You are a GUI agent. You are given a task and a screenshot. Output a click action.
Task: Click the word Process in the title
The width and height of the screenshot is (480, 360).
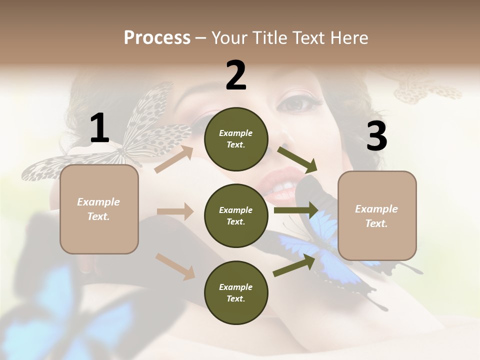157,38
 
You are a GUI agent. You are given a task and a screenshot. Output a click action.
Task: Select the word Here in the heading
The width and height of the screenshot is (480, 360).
348,38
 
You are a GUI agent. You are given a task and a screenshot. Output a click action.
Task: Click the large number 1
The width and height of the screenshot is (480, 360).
99,128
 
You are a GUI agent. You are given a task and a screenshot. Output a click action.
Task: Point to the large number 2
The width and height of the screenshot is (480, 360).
236,76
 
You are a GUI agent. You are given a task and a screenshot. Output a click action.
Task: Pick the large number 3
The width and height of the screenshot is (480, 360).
377,136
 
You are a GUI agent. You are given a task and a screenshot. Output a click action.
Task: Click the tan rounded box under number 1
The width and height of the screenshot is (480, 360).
99,209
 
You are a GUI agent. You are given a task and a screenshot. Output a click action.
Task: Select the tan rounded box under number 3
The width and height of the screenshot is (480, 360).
377,215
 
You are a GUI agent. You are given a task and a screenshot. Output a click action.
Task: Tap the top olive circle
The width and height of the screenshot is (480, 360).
236,139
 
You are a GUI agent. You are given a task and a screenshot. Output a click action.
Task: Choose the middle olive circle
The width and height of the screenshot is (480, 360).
236,215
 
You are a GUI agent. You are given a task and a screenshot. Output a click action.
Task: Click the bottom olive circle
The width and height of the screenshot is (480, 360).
236,292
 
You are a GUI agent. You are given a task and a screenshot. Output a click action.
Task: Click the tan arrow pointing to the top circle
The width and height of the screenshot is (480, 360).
174,159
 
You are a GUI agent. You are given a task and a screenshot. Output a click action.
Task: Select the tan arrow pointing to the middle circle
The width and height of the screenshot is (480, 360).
175,211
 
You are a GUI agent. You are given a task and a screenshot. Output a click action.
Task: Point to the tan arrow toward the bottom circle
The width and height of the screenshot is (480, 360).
175,266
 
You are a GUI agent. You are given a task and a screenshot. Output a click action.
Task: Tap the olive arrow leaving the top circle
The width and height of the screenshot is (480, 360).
297,159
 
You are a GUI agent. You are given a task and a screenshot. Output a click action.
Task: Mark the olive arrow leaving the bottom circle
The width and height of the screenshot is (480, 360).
294,265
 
